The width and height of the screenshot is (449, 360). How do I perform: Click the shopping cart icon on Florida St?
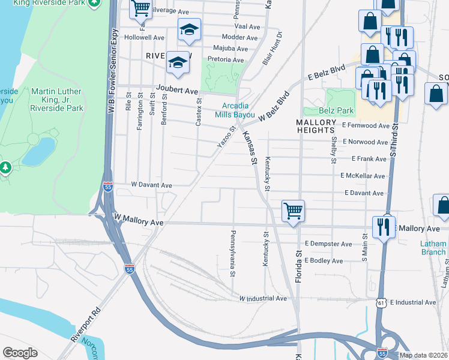pyautogui.click(x=293, y=211)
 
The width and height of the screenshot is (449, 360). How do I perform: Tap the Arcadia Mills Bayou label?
pyautogui.click(x=235, y=110)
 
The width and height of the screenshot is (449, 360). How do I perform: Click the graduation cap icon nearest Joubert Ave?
pyautogui.click(x=178, y=63)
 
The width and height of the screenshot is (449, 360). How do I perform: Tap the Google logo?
pyautogui.click(x=20, y=353)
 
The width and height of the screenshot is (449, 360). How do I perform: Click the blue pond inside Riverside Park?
pyautogui.click(x=38, y=151)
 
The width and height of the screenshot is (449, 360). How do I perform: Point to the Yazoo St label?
pyautogui.click(x=227, y=137)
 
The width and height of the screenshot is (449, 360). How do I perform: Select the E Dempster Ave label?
pyautogui.click(x=328, y=244)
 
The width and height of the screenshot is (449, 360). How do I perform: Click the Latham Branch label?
pyautogui.click(x=433, y=248)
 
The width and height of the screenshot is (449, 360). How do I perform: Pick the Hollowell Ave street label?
pyautogui.click(x=144, y=37)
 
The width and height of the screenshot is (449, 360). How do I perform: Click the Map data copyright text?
pyautogui.click(x=423, y=355)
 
